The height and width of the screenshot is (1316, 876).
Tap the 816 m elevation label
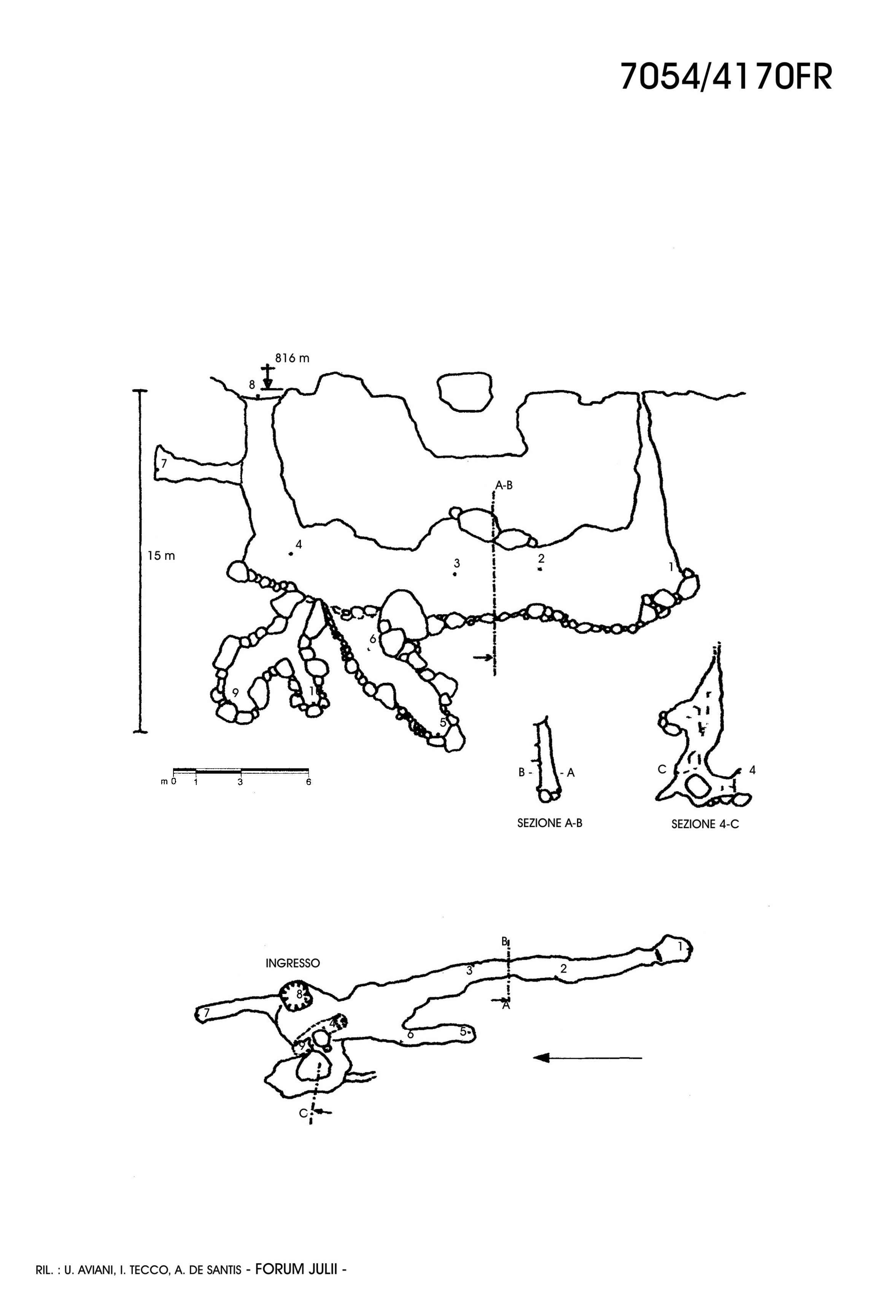pos(292,358)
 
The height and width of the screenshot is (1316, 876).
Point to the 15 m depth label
pos(161,556)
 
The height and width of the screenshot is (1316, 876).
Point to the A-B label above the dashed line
pos(503,485)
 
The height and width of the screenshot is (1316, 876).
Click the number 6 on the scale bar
pos(308,782)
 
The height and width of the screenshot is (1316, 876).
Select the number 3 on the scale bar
pos(240,782)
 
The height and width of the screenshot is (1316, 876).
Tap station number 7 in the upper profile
pos(164,464)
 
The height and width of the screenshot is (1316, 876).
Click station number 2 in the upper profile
pos(541,558)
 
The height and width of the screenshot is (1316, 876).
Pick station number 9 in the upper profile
pos(235,693)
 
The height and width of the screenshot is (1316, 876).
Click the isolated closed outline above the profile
pos(465,391)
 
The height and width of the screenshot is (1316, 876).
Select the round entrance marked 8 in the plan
pos(296,995)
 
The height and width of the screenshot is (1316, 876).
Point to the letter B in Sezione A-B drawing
pos(522,773)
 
